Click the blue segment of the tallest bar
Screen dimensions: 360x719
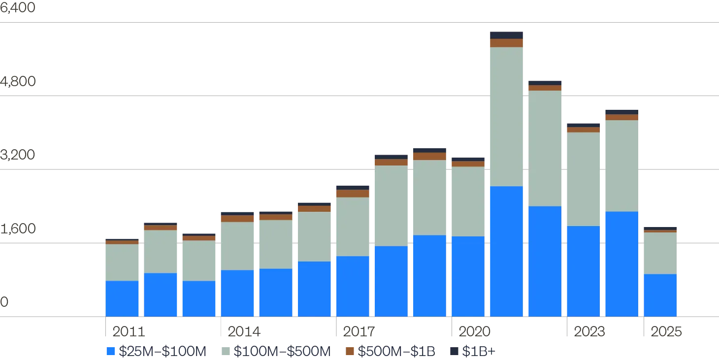coord(506,251)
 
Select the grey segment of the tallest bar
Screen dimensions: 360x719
coord(506,116)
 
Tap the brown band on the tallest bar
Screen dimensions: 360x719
coord(506,43)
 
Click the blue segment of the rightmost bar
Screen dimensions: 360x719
coord(660,295)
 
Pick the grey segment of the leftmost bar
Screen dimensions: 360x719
coord(122,262)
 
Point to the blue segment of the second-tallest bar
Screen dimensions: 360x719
coord(545,261)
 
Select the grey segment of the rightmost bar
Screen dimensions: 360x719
coord(660,253)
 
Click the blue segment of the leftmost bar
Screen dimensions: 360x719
coord(122,298)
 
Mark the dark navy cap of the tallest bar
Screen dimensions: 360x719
coord(506,35)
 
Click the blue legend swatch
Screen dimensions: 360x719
coord(112,352)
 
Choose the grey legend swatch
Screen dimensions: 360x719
coord(226,352)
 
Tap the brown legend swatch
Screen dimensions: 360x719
coord(349,352)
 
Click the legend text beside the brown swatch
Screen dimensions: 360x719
coord(396,352)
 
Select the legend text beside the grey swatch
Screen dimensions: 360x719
coord(281,352)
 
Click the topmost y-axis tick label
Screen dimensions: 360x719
coord(18,9)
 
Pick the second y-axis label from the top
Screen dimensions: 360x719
coord(18,81)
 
